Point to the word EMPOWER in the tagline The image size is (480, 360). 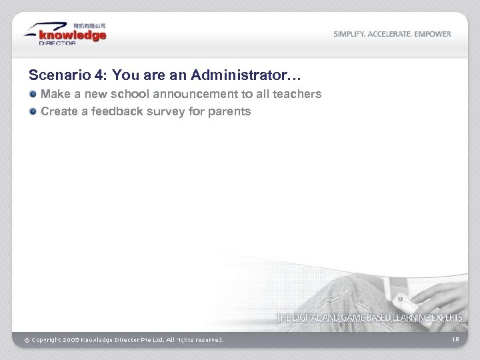pyautogui.click(x=433, y=34)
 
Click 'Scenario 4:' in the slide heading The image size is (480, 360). pyautogui.click(x=59, y=74)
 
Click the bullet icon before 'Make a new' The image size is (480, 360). pyautogui.click(x=33, y=95)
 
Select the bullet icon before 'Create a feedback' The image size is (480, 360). pyautogui.click(x=33, y=111)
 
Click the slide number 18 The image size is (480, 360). pyautogui.click(x=455, y=340)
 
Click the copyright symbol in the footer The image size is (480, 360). pyautogui.click(x=27, y=340)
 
